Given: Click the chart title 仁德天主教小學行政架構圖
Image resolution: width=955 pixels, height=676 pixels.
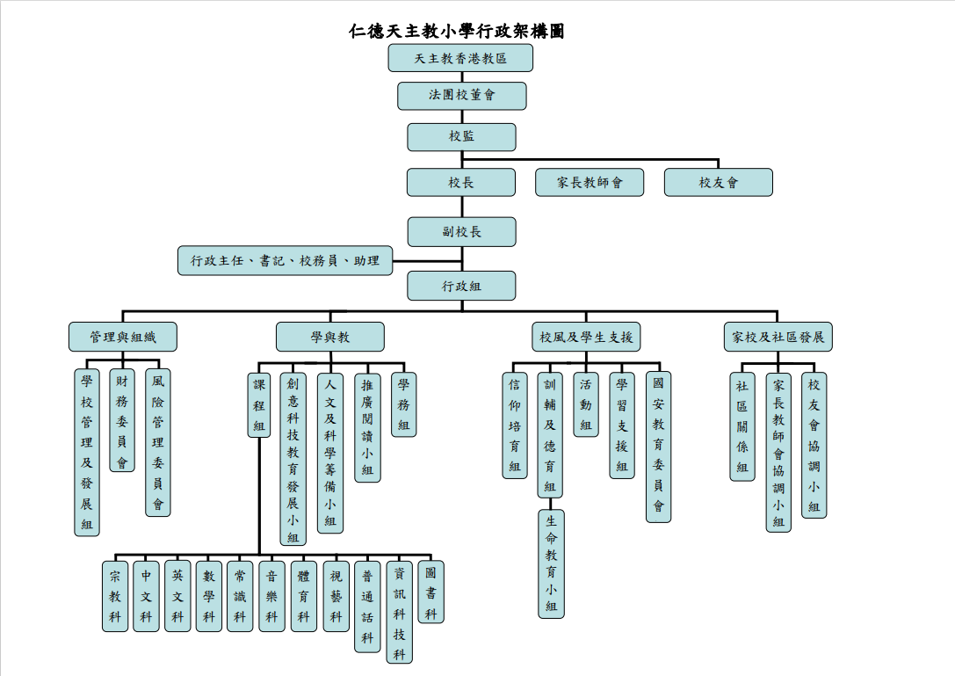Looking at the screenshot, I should [456, 32].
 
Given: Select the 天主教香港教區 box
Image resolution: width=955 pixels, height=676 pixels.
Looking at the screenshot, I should [460, 58].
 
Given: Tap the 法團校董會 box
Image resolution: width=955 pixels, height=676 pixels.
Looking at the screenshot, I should [461, 96].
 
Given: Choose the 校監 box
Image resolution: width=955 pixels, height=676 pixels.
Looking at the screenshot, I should [461, 136].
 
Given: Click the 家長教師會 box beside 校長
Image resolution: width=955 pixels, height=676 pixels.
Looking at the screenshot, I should [590, 182].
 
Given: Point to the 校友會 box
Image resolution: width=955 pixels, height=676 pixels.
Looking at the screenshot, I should [718, 182].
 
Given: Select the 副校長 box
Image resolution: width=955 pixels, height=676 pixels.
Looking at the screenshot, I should [461, 231].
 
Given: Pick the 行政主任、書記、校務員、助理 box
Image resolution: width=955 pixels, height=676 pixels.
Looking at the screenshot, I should [285, 261].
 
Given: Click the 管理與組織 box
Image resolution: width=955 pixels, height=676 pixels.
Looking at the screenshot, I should [122, 337].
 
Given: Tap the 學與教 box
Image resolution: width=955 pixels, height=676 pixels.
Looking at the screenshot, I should [329, 337].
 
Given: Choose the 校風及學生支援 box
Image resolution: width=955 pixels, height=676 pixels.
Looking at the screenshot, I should [586, 337].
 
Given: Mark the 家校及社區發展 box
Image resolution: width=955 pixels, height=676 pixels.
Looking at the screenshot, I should [778, 337].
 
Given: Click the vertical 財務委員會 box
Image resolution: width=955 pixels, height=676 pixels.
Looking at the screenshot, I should [122, 421].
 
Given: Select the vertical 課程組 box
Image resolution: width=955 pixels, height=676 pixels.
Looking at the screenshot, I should [258, 404].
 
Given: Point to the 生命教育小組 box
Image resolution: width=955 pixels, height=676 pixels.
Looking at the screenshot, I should [551, 563].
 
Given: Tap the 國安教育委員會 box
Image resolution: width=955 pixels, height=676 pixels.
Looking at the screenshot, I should [658, 447].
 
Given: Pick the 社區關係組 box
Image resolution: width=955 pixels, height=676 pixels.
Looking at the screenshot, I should [742, 426].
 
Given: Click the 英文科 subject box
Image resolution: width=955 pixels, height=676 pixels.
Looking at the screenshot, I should [177, 595].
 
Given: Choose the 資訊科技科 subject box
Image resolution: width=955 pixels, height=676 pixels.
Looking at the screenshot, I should [399, 612].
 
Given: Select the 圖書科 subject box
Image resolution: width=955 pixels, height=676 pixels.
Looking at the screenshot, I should [430, 592].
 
